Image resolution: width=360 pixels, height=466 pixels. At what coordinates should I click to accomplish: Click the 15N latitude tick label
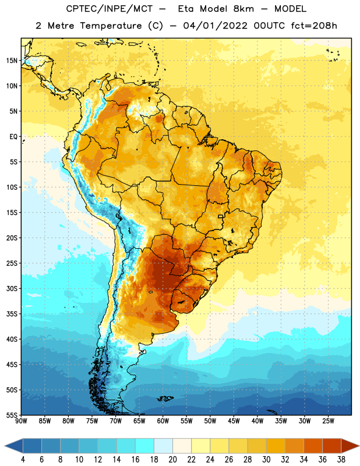coord(12,61)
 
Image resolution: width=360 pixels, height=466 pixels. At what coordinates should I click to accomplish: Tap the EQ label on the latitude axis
coord(13,137)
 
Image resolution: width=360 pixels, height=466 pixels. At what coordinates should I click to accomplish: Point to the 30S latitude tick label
coord(12,288)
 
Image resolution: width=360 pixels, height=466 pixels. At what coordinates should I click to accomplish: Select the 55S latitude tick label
coord(12,415)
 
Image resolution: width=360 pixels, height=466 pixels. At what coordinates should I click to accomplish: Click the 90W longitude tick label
coord(21,421)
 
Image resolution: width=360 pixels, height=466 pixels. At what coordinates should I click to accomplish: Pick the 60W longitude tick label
coord(163,421)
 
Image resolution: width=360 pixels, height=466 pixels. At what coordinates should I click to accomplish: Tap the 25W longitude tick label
coord(328,421)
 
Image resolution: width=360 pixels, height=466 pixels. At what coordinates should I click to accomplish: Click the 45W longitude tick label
coord(234,421)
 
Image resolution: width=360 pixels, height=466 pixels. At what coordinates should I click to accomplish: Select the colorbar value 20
coord(172,460)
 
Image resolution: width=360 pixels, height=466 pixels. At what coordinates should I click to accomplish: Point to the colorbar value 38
coord(341,460)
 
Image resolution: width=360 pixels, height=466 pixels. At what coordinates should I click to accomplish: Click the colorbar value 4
coord(23,460)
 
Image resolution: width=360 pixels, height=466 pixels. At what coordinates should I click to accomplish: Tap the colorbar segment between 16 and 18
coord(145,446)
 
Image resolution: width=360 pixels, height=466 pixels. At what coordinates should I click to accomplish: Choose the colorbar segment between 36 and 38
coord(332,446)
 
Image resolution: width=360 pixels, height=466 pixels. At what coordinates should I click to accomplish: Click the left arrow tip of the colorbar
coord(5,446)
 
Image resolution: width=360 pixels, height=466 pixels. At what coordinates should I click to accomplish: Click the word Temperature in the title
coord(111,26)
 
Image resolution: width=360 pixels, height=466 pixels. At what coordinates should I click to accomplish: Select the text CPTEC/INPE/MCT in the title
coord(109,9)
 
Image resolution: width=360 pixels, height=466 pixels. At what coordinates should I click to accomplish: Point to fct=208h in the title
coord(314,26)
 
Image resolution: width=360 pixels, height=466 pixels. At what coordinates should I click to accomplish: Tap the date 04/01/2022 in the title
coord(215,26)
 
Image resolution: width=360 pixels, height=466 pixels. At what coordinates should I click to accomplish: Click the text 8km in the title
coord(243,9)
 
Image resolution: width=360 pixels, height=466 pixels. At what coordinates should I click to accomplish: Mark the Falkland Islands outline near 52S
coord(165,398)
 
